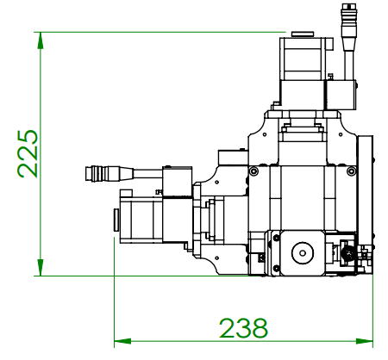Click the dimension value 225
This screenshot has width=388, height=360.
pos(28,153)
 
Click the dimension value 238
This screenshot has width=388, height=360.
pos(243,328)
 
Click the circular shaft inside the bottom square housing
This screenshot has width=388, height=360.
pos(303,253)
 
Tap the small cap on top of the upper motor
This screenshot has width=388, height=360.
pos(303,35)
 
